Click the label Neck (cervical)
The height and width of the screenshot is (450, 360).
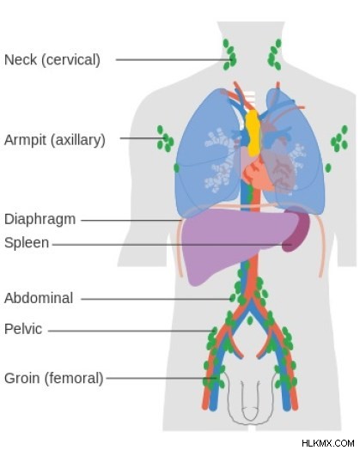52,60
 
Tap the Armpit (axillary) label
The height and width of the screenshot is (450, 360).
54,140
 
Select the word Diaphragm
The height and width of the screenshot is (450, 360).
40,220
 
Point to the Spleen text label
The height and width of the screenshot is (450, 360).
27,243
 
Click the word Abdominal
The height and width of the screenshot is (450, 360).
39,298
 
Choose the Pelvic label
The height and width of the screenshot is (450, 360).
23,329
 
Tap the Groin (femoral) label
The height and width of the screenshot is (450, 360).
53,378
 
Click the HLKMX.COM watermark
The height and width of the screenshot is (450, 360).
328,443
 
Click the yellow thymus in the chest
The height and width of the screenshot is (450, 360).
253,132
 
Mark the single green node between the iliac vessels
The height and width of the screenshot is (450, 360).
250,320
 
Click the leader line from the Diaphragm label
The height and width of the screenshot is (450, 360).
131,221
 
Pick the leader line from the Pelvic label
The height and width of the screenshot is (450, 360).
131,331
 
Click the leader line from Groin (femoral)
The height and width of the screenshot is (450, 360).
162,378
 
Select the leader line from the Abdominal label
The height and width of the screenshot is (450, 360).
156,299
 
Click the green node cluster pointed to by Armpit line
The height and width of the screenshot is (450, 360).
166,139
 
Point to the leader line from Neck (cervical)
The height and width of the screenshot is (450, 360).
174,60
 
